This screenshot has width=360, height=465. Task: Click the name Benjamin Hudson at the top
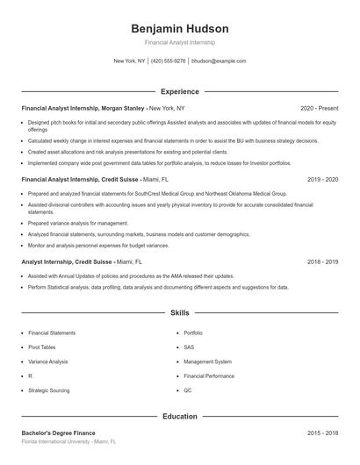click(179, 28)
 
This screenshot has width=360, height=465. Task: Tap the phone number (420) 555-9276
click(169, 61)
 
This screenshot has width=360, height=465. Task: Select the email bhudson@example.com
click(219, 61)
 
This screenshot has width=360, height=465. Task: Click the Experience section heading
click(179, 91)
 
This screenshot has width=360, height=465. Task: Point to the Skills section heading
click(179, 312)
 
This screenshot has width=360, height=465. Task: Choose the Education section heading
click(179, 416)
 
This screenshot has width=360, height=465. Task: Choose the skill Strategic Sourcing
click(50, 390)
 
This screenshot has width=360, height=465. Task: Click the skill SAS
click(189, 347)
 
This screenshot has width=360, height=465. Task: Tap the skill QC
click(188, 390)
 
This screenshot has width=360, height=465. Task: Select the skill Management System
click(207, 361)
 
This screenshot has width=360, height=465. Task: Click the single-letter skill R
click(30, 376)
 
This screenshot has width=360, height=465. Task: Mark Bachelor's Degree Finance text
click(58, 433)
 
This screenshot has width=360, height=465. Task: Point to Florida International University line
click(68, 442)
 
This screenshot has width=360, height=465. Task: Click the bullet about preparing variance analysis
click(77, 223)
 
